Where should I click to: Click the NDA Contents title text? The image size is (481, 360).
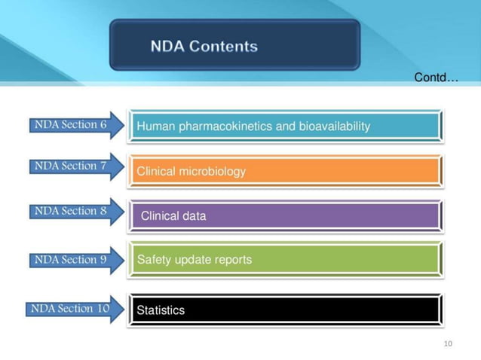[x=204, y=47]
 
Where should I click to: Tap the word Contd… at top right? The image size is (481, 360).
[x=436, y=78]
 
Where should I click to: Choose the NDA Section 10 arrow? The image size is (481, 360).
[x=75, y=309]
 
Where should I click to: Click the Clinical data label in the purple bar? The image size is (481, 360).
[x=173, y=217]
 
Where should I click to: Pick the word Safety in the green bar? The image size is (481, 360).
[x=153, y=260]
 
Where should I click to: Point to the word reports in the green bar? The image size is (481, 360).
[x=231, y=260]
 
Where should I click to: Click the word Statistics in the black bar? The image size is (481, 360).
[x=161, y=310]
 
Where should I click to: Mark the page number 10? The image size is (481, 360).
[x=448, y=344]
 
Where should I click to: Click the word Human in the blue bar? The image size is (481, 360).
[x=154, y=127]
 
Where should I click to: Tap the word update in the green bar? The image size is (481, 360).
[x=191, y=260]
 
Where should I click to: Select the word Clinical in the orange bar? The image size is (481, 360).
[x=157, y=172]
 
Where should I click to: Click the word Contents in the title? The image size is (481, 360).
[x=223, y=47]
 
